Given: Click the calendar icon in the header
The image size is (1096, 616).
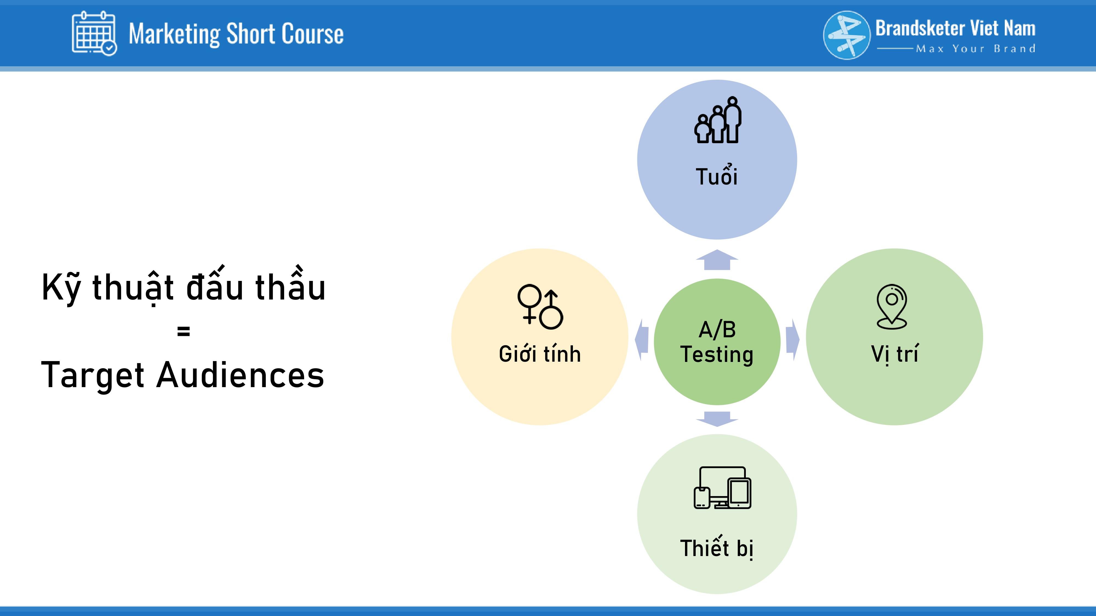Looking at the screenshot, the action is coord(94,33).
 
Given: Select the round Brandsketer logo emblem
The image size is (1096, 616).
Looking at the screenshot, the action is coord(847,35).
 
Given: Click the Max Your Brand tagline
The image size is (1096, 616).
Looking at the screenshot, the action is coord(976,48).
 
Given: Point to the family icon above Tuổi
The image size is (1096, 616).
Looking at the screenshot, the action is coord(718,120).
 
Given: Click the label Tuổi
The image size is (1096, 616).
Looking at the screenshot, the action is coord(717,175).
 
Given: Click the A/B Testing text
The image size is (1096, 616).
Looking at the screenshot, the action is coord(717,342).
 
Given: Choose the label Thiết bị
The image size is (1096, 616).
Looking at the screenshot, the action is coord(717,548).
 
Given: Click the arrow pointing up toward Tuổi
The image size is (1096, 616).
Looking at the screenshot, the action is coord(717,260).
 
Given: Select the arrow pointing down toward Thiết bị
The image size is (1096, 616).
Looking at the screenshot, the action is coord(717,419).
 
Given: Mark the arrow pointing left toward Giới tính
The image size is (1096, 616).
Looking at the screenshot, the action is coord(642,340).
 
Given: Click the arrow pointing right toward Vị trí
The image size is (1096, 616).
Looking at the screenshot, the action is coord(793,340).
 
